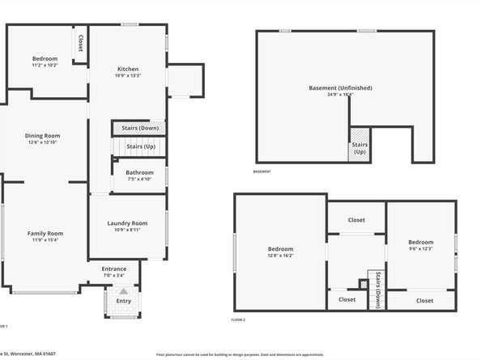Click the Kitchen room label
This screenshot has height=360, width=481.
click(128, 69)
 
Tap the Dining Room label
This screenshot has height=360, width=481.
click(45, 135)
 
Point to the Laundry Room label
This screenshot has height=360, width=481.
click(128, 222)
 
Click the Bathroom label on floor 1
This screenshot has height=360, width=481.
click(139, 172)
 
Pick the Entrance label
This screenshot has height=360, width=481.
click(113, 269)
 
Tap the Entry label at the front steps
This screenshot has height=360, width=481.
click(123, 300)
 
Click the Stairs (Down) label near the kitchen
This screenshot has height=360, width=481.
click(139, 128)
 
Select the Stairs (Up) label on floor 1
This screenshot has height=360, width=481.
click(141, 146)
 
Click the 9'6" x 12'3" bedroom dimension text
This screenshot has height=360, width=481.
click(420, 248)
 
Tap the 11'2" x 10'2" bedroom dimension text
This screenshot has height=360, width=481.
click(45, 65)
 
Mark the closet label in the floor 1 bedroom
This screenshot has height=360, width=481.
click(80, 43)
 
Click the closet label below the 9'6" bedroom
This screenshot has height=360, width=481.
click(424, 300)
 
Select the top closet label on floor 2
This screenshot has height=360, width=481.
click(356, 220)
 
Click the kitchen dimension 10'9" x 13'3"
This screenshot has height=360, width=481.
click(128, 75)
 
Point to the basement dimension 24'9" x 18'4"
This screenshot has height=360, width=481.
click(340, 95)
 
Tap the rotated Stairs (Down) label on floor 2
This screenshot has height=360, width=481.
click(378, 289)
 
